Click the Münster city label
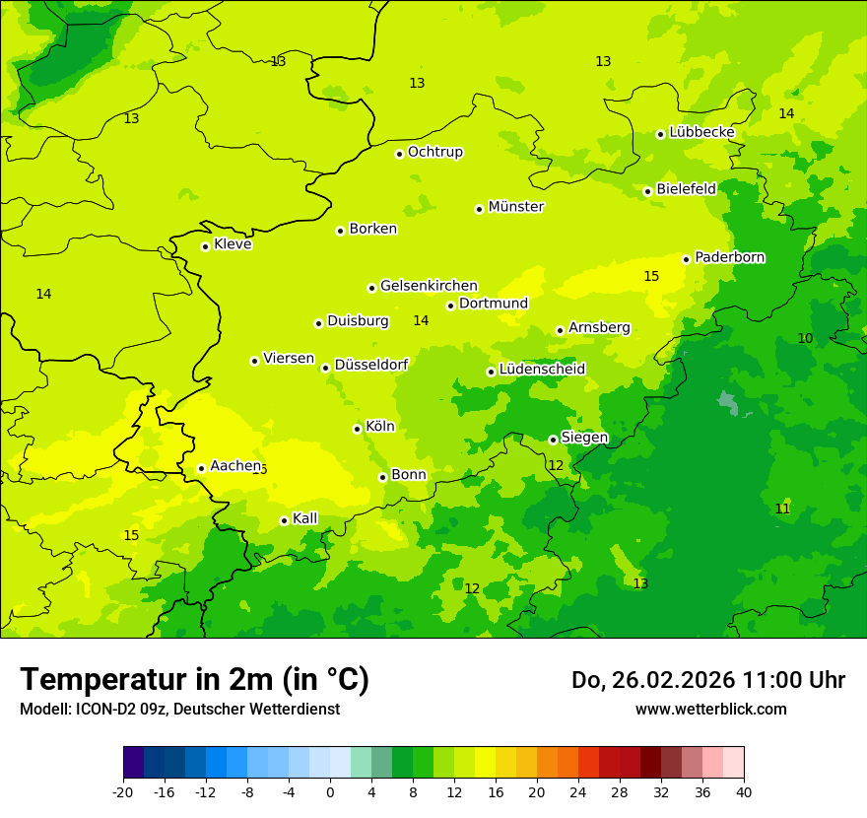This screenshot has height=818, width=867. pyautogui.click(x=515, y=207)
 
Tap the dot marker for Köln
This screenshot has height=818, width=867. pyautogui.click(x=357, y=429)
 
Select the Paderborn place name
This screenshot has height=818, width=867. pyautogui.click(x=729, y=257)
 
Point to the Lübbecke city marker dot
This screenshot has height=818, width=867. pyautogui.click(x=660, y=134)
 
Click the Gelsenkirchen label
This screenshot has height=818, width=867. pyautogui.click(x=429, y=286)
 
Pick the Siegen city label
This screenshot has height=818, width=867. pyautogui.click(x=584, y=438)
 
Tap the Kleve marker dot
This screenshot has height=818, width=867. pyautogui.click(x=205, y=246)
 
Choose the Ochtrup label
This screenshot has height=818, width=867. pyautogui.click(x=434, y=152)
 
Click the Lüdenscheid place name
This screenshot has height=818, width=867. pyautogui.click(x=542, y=370)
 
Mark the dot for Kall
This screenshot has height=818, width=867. pyautogui.click(x=284, y=520)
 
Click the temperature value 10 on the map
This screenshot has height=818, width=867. pyautogui.click(x=805, y=338)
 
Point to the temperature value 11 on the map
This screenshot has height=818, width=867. pyautogui.click(x=782, y=509)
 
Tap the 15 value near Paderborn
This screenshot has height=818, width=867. pyautogui.click(x=651, y=276)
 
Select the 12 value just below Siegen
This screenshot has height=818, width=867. pyautogui.click(x=556, y=465)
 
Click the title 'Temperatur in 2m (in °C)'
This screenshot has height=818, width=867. pyautogui.click(x=194, y=679)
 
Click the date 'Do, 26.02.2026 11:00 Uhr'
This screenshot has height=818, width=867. pyautogui.click(x=707, y=680)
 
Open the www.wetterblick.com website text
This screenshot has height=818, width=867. pyautogui.click(x=710, y=710)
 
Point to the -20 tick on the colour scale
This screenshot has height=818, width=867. pyautogui.click(x=123, y=791)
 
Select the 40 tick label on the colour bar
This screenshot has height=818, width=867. pyautogui.click(x=743, y=791)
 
